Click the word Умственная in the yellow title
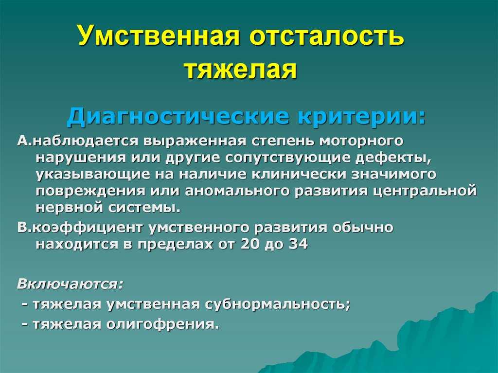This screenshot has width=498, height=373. (x=159, y=35)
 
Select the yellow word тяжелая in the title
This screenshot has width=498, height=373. (x=241, y=70)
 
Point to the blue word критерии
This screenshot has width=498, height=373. (x=361, y=117)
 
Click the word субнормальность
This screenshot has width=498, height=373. (x=277, y=304)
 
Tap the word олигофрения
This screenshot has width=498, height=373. (x=162, y=324)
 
